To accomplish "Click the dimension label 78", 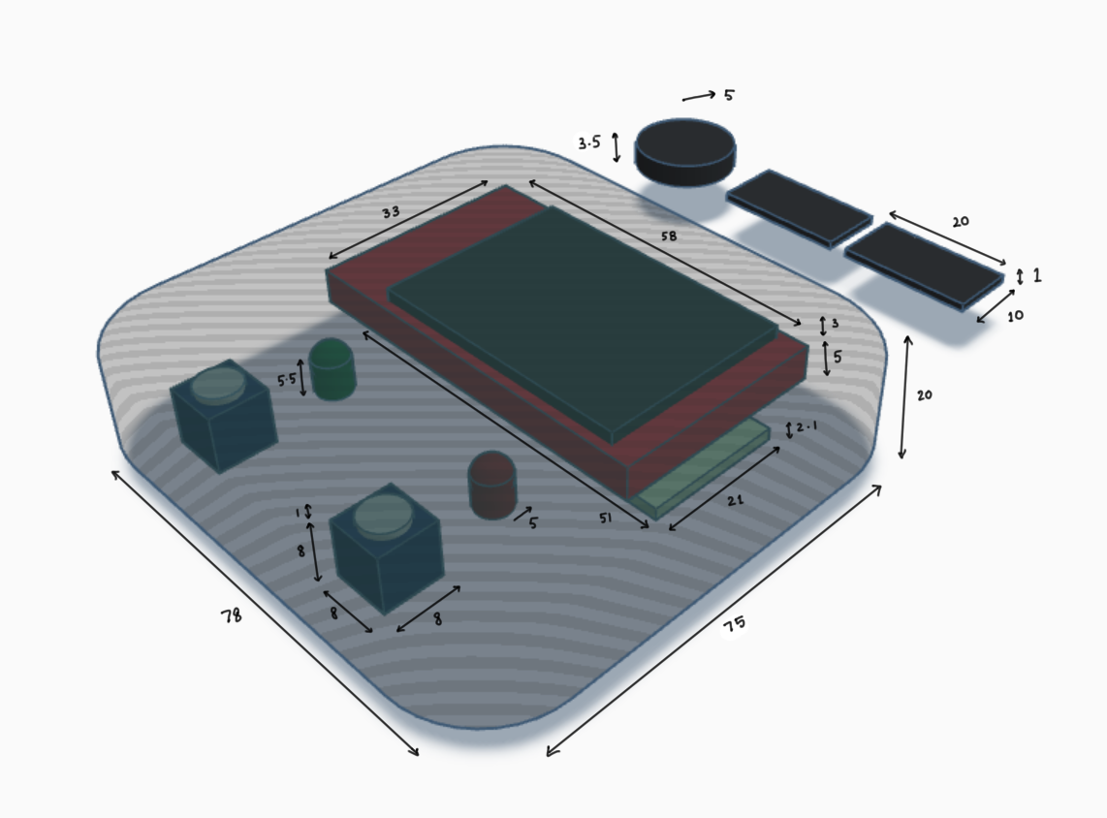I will [231, 614].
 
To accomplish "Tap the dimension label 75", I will [734, 626].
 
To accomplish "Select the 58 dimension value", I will [667, 236].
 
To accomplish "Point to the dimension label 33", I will [391, 210].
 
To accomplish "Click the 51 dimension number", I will [605, 519].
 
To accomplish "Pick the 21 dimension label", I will [735, 500].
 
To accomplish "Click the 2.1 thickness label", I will [807, 427].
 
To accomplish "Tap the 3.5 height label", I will [589, 143].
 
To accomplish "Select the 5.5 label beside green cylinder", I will [286, 380].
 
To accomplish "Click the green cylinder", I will [332, 370].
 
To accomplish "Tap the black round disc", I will [684, 149].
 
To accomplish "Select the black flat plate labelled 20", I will [923, 266].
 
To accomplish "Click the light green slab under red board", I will [704, 472].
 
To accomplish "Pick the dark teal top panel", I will [582, 320].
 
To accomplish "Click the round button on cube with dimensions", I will [383, 516].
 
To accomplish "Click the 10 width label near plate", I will [1014, 316].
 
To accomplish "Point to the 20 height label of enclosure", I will [924, 395].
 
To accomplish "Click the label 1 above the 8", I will [299, 511].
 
